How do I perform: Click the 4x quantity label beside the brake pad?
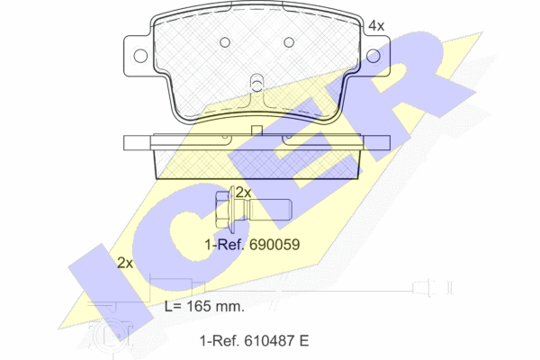point(376,26)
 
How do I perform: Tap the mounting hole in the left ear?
point(140,56)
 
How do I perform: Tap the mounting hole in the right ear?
point(373,56)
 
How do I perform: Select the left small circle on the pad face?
point(225,42)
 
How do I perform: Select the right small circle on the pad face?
point(289,42)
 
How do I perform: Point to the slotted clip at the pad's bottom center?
point(256,83)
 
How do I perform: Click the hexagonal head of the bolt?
point(222,210)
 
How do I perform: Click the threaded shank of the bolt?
point(270,210)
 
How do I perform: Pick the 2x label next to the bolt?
point(243,193)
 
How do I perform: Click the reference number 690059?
point(274,245)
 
